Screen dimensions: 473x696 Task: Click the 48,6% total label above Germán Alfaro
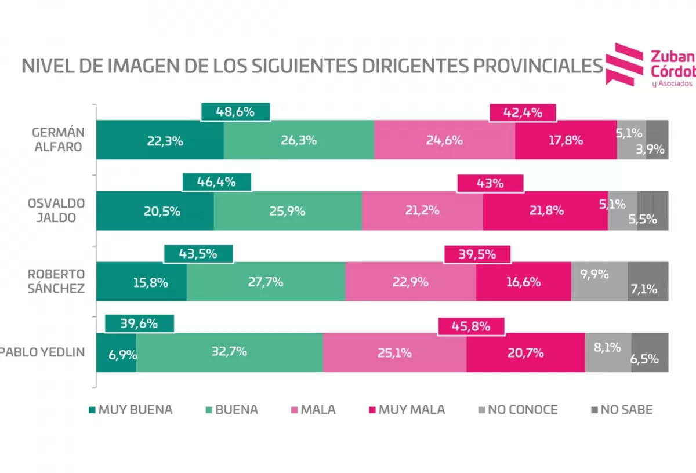click(x=235, y=112)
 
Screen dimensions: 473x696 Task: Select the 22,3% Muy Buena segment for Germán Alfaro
click(x=159, y=140)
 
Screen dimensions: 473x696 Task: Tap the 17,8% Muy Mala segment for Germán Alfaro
click(x=565, y=140)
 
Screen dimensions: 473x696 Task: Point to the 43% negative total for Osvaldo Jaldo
click(x=490, y=183)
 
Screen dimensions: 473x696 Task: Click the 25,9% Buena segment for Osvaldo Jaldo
click(x=287, y=211)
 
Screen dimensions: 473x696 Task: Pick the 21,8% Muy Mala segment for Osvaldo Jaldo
click(x=545, y=211)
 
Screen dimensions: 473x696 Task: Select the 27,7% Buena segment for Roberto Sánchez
click(x=266, y=282)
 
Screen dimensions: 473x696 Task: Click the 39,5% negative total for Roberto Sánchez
click(x=477, y=254)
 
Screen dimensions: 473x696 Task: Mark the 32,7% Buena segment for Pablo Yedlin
click(x=229, y=352)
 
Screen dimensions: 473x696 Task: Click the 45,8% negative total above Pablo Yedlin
click(x=471, y=326)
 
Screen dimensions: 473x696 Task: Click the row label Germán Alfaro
click(x=56, y=139)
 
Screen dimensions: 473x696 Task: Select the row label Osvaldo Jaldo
click(x=56, y=210)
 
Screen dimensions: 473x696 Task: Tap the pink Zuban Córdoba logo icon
click(x=624, y=64)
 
